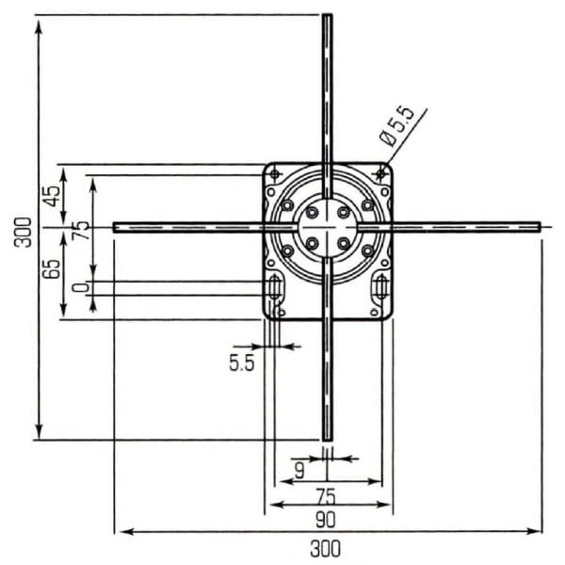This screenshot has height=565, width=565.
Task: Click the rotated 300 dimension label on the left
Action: [x=23, y=232]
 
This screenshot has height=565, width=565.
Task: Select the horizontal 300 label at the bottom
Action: [x=325, y=548]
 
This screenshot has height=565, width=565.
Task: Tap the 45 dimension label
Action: [x=52, y=196]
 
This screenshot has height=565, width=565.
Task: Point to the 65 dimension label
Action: [x=52, y=268]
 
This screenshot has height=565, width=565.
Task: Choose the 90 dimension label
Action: [x=326, y=520]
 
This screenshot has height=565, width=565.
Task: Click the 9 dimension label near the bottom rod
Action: [x=299, y=470]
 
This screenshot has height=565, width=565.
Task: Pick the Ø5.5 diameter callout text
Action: [x=397, y=126]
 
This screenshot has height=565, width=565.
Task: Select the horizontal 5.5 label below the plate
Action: [x=242, y=363]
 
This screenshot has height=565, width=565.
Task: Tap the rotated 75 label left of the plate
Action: [x=81, y=231]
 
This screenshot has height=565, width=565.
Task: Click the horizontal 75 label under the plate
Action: [x=326, y=496]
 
